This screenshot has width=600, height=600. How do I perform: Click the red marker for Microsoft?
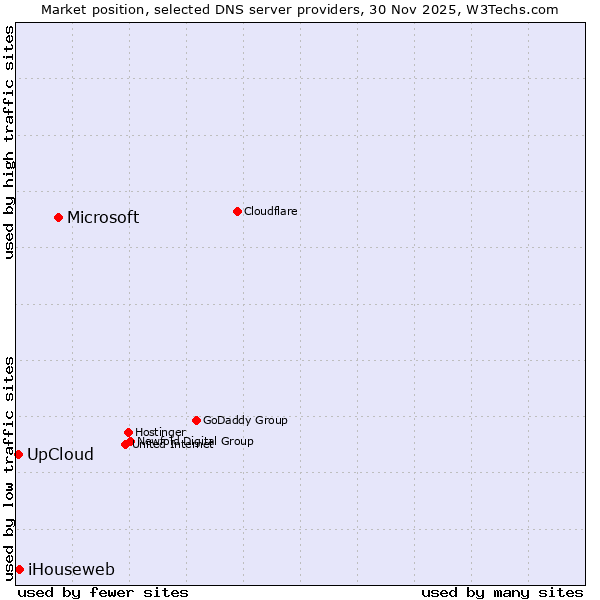[59, 217]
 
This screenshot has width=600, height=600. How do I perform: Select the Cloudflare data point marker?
[237, 211]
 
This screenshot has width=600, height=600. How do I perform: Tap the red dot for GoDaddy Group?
[196, 420]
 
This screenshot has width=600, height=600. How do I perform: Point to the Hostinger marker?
[128, 432]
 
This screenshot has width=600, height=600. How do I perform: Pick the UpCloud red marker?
[18, 454]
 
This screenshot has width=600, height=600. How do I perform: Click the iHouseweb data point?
[19, 569]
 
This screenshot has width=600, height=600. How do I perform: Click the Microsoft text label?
[103, 218]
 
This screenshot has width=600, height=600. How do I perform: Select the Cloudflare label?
[271, 211]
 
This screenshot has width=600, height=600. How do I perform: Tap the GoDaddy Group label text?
[245, 420]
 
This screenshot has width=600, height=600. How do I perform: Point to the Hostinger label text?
[160, 432]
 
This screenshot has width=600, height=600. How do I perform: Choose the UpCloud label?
[60, 455]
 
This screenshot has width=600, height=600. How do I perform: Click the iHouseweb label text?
[71, 570]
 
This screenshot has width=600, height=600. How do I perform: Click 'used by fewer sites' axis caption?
[103, 592]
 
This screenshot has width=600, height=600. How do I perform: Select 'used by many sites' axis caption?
[502, 592]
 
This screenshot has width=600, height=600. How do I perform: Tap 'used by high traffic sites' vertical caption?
[10, 142]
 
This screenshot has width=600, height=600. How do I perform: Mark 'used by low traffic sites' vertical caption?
[10, 467]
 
